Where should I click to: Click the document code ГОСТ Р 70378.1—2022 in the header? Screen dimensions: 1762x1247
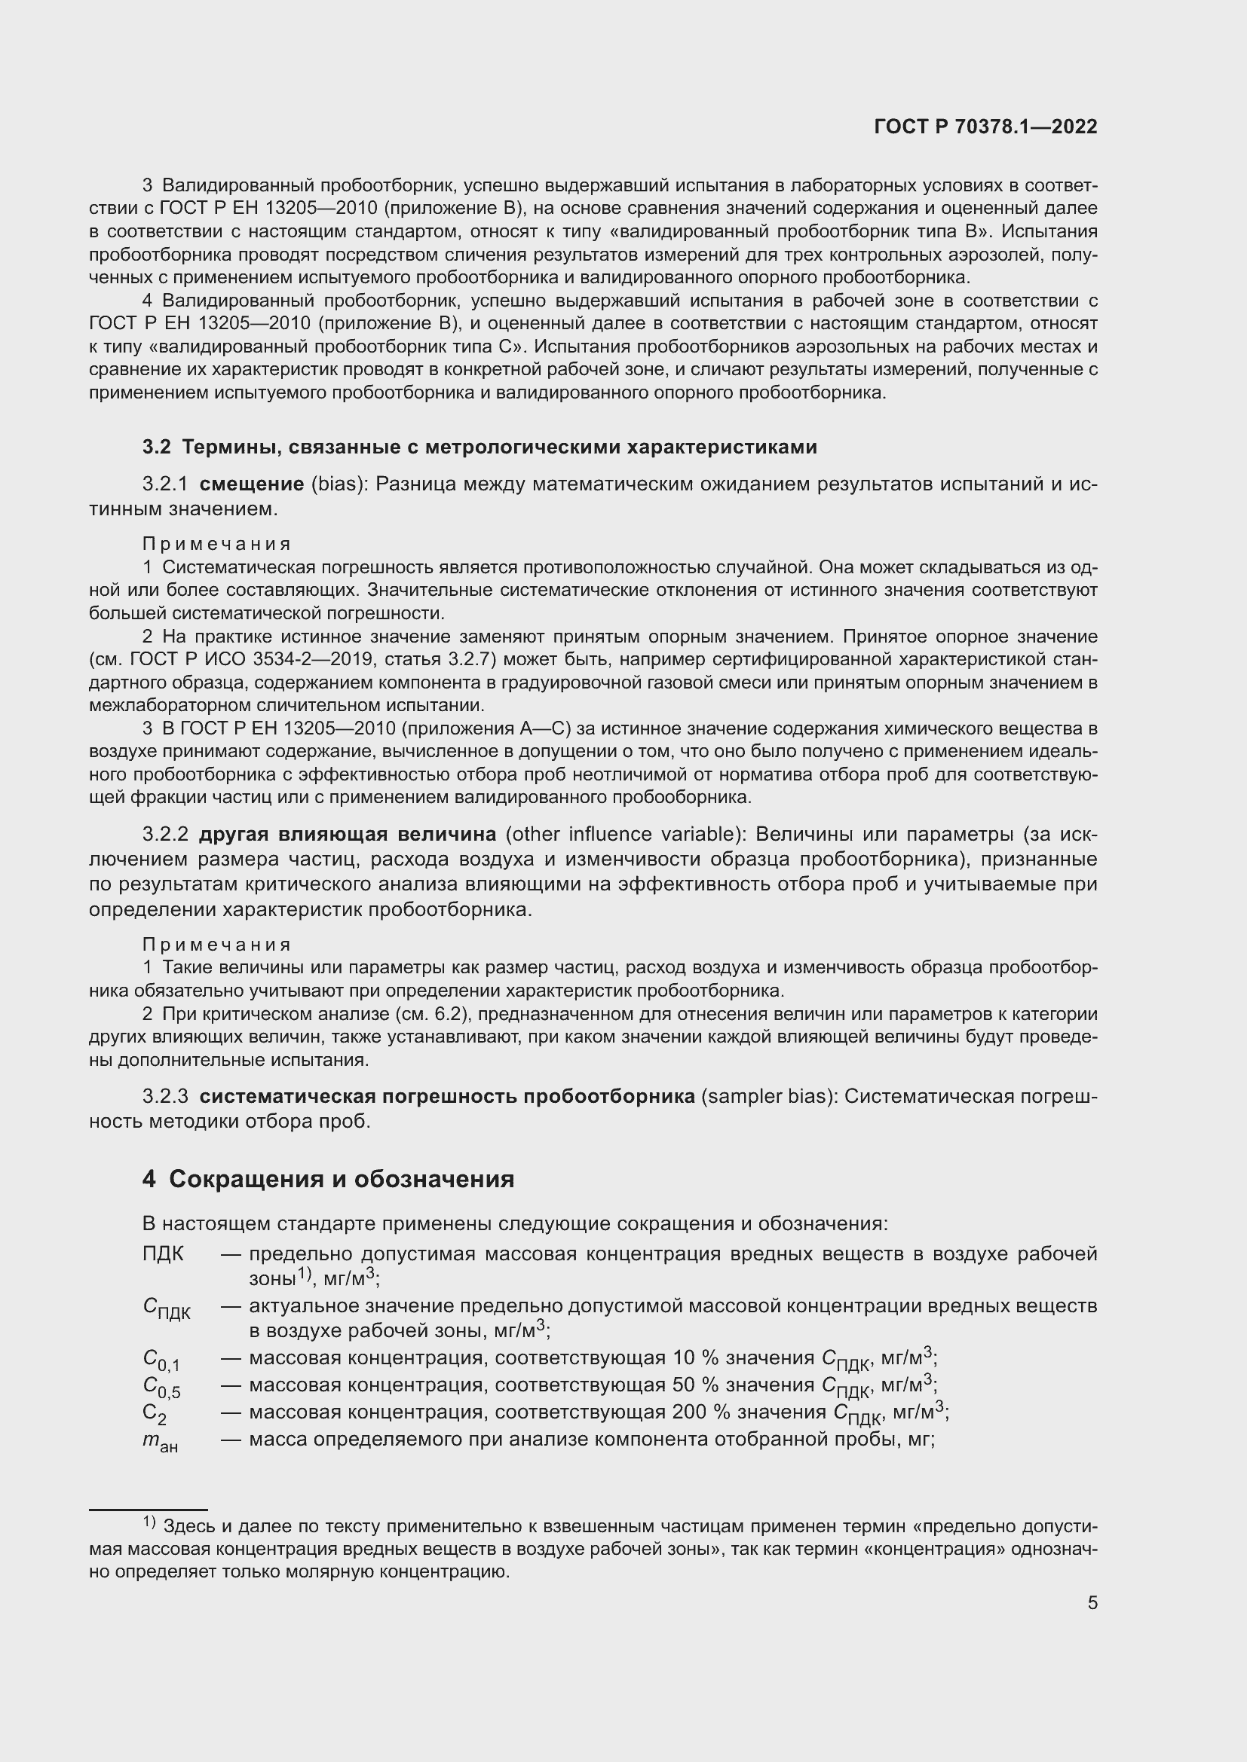pos(985,127)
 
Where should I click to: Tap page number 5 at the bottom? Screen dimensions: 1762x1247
pos(1092,1602)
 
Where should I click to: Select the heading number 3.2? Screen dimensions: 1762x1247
pos(157,447)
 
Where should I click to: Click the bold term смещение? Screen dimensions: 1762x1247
pos(251,484)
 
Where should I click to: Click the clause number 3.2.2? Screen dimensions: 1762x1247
pos(165,834)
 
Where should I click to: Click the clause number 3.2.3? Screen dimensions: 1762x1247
pos(165,1097)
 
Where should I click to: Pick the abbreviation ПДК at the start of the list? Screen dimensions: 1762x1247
pos(163,1254)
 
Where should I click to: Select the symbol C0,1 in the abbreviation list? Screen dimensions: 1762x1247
pos(161,1359)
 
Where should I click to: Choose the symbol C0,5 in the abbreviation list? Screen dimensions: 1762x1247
pos(161,1386)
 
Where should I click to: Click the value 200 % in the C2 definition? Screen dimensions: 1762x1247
pos(697,1412)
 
